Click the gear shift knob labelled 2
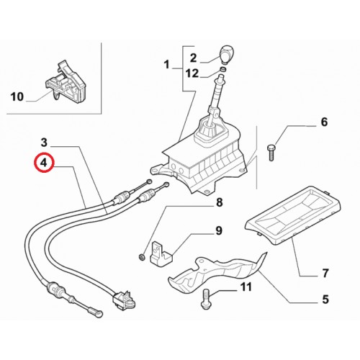226,54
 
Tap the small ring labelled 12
223,70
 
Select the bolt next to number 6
271,153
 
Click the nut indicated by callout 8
142,257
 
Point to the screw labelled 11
206,299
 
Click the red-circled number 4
44,163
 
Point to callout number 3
44,143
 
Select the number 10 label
17,97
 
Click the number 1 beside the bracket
167,65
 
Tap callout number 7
325,273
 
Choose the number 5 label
325,300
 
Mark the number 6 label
324,122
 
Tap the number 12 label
192,73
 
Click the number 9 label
219,230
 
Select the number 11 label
246,287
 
